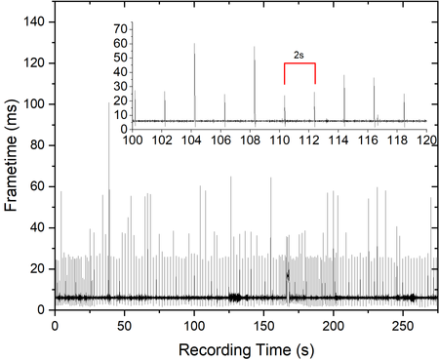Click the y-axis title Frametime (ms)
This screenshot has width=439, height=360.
click(x=11, y=155)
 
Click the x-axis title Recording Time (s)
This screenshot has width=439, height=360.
click(x=247, y=350)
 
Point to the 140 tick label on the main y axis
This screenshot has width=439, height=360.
click(x=34, y=21)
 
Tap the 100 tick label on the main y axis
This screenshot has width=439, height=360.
click(x=34, y=104)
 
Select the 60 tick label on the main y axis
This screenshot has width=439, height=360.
click(x=37, y=186)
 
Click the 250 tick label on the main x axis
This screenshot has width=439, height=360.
click(x=403, y=326)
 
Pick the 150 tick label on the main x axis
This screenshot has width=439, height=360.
click(x=263, y=326)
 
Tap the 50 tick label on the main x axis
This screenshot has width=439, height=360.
click(x=125, y=326)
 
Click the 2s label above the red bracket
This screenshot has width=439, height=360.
click(x=299, y=56)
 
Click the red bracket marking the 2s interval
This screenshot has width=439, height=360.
click(x=299, y=63)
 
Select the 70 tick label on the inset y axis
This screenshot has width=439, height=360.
click(x=121, y=29)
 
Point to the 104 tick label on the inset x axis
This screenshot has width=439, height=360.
click(x=191, y=140)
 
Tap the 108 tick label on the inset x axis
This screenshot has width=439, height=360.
click(x=251, y=140)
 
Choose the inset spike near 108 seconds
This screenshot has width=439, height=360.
click(x=255, y=86)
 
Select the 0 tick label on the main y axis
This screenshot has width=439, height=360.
click(x=41, y=309)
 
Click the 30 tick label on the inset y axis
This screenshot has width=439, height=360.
click(x=121, y=87)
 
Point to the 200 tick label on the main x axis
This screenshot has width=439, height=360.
click(x=334, y=326)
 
